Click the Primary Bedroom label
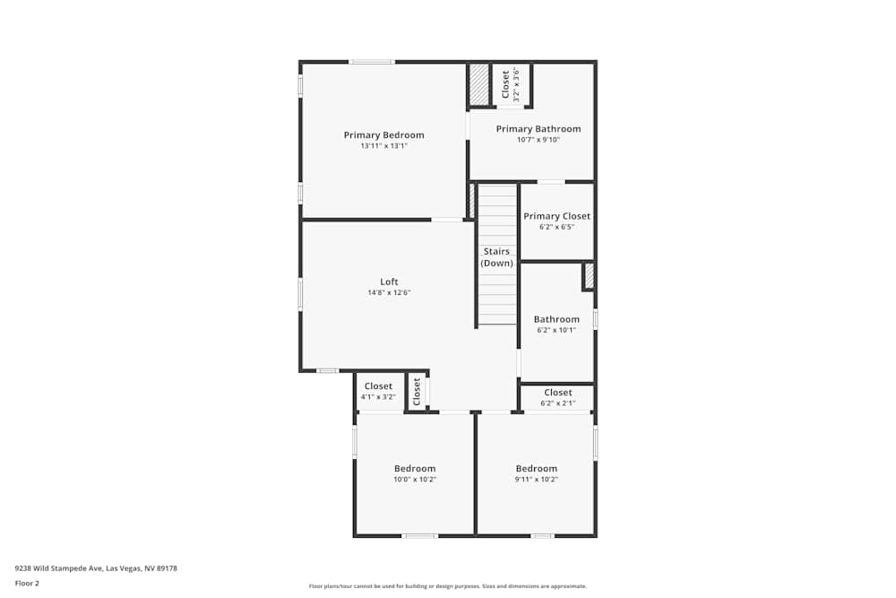coord(383,135)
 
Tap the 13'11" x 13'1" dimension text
coord(383,146)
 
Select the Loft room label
coord(389,282)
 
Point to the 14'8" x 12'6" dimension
coord(389,292)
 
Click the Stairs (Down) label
coord(496,257)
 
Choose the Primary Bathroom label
coord(538,129)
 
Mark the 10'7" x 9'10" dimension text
coord(538,140)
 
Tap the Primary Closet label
coord(556,216)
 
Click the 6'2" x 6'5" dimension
coord(556,227)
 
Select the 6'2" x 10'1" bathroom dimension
coord(556,330)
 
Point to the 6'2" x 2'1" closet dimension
coord(557,403)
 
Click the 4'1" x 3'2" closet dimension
coord(378,396)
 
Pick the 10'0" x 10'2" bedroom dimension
coord(415,479)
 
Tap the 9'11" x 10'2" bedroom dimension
coord(536,479)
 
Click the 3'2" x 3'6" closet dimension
coord(516,84)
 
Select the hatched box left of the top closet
coord(480,84)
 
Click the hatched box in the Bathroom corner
coord(589,276)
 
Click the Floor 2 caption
coord(27,583)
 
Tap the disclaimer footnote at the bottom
coord(448,586)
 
